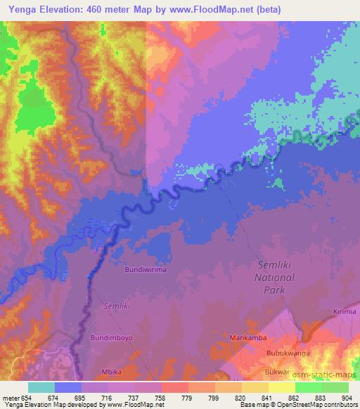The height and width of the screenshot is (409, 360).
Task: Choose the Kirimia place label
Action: [345, 311]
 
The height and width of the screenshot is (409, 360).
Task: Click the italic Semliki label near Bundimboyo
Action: [117, 306]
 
